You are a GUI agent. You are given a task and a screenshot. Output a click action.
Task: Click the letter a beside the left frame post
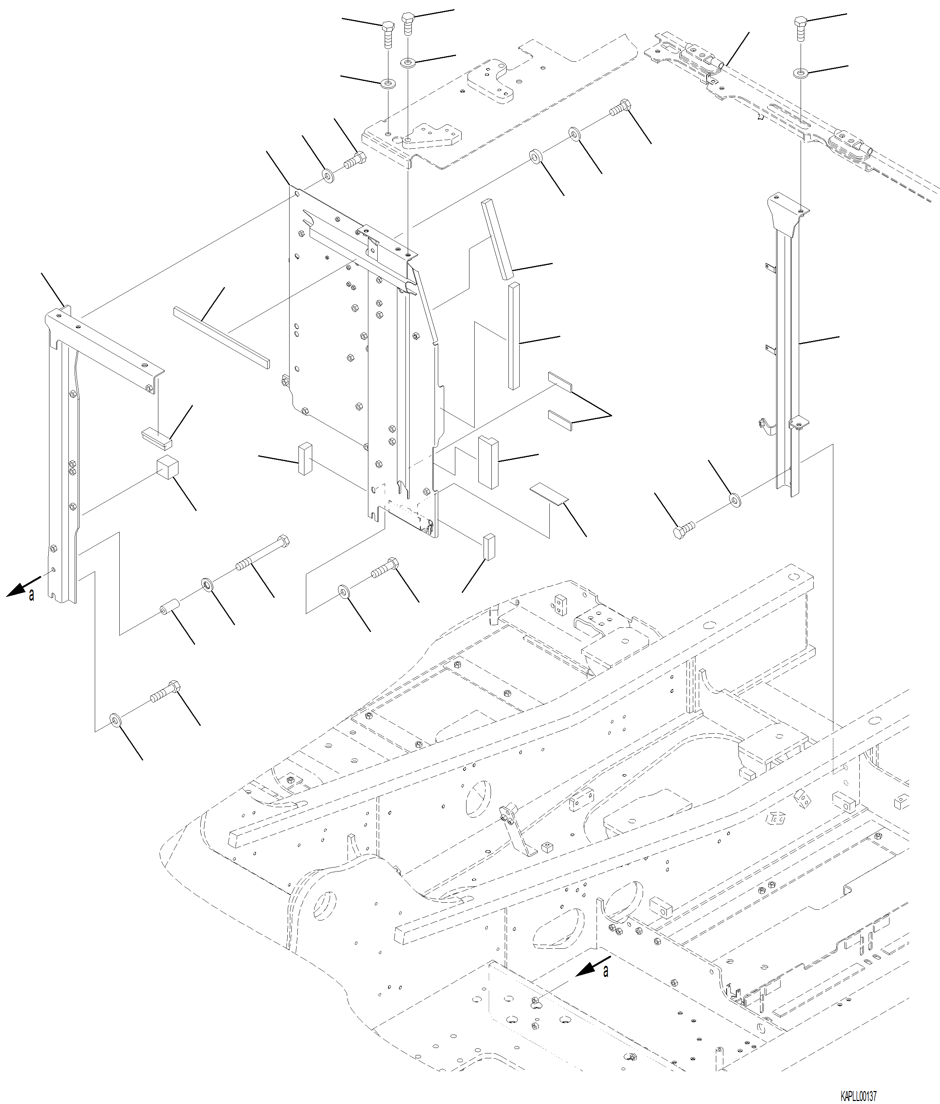pos(32,595)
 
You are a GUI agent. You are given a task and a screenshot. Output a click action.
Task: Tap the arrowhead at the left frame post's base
pos(16,589)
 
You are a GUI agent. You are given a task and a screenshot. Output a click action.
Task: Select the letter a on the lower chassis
pos(605,972)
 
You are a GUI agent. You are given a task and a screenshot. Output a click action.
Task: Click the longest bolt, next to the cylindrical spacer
pos(262,554)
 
